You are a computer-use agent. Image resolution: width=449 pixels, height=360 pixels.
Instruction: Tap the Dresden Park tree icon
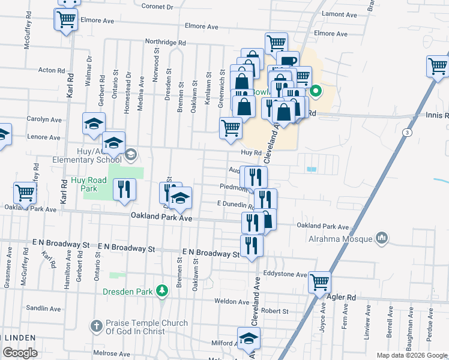coord(161,291)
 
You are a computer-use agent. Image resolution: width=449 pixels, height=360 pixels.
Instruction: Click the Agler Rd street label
coord(342,297)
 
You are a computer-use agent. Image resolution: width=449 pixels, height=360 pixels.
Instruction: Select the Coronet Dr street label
coord(157,7)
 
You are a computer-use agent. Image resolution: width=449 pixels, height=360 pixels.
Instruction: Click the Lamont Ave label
coord(340,13)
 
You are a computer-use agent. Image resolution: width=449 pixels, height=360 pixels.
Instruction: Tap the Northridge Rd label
coord(166,43)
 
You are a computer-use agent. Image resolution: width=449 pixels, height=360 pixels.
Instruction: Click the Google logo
coord(20,353)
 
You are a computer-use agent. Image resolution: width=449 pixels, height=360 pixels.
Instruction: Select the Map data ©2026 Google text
coord(412,355)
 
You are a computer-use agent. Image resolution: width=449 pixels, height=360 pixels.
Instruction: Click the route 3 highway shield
coord(408,132)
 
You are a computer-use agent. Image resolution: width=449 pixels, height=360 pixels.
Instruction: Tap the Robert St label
coord(275,311)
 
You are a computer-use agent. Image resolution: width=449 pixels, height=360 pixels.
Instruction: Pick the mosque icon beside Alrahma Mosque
coord(381,239)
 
